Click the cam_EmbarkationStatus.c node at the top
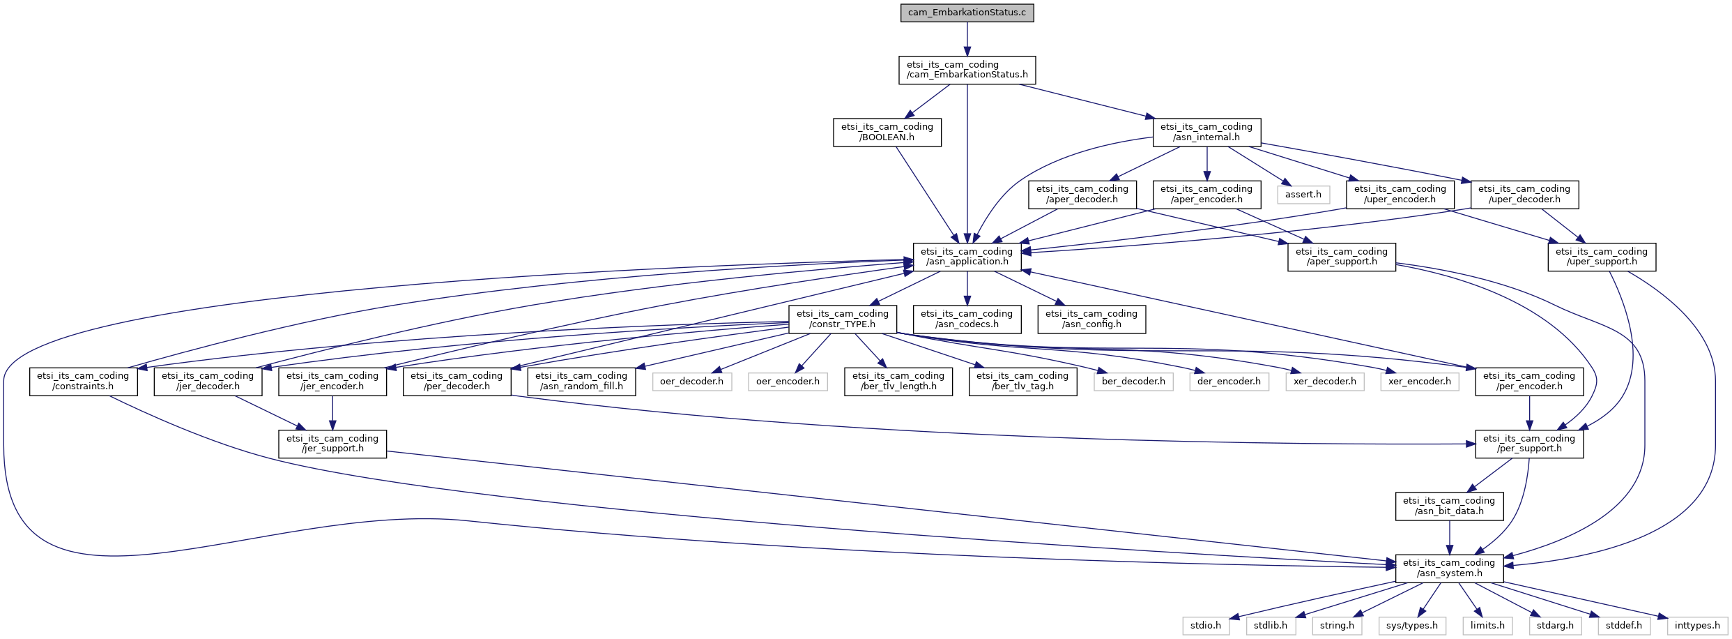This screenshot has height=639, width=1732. (x=967, y=13)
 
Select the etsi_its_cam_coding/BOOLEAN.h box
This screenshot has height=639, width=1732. (x=887, y=133)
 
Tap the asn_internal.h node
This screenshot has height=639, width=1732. (x=1206, y=133)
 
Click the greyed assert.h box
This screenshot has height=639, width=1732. (x=1303, y=195)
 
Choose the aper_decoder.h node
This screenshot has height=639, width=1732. (x=1082, y=195)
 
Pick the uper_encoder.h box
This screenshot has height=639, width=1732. (x=1400, y=195)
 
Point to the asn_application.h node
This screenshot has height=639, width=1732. (x=967, y=257)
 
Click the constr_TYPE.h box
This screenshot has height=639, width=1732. (x=842, y=319)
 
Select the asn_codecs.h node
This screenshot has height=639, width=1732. (x=967, y=319)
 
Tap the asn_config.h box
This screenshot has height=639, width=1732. (x=1091, y=319)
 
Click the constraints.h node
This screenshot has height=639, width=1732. (x=83, y=382)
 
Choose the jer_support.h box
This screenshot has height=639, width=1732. (x=332, y=444)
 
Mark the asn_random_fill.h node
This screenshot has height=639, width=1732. (x=581, y=382)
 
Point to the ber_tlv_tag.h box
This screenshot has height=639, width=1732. (x=1022, y=382)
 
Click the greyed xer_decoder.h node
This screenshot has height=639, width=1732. (x=1324, y=382)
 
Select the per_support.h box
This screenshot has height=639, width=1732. (x=1529, y=444)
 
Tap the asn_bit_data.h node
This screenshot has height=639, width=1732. (x=1449, y=506)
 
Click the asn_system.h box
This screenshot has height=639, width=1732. (x=1449, y=569)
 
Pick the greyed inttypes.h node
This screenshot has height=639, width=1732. (x=1697, y=626)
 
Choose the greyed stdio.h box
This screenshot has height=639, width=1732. (x=1206, y=626)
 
